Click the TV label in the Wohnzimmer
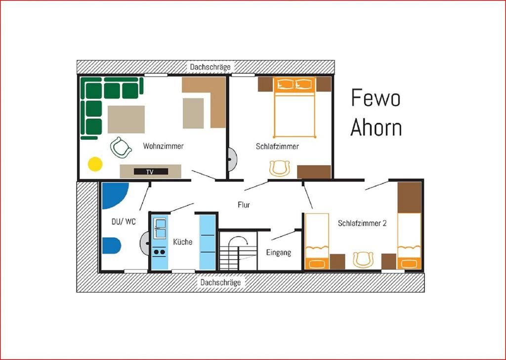point(150,172)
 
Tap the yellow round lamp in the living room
point(95,164)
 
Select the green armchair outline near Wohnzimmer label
point(121,148)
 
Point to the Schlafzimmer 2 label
point(362,223)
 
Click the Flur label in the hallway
point(244,205)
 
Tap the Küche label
point(183,242)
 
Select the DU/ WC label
point(124,222)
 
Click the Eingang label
point(279,253)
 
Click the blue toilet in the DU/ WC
point(111,246)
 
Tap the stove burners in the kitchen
point(159,252)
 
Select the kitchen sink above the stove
point(160,228)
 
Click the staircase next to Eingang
point(238,251)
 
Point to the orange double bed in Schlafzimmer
point(294,107)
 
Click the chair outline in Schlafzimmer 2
point(363,260)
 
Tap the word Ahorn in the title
point(376,127)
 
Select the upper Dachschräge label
point(210,67)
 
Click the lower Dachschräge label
point(220,282)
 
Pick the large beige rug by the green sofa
point(126,120)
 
